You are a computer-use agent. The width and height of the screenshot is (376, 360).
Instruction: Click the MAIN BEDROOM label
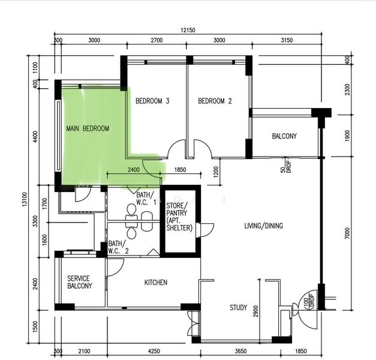click(88, 128)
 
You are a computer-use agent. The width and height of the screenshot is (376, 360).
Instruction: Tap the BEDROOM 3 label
click(152, 101)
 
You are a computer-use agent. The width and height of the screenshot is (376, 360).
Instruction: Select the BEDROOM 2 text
click(215, 101)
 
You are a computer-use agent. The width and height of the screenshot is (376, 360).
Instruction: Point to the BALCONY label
click(284, 136)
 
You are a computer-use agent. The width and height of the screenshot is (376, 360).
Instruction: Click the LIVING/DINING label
click(263, 226)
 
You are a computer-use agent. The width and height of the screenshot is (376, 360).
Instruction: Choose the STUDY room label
click(238, 307)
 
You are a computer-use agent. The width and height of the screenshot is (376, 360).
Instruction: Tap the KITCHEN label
click(156, 282)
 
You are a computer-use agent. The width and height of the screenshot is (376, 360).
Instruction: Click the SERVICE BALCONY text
click(80, 282)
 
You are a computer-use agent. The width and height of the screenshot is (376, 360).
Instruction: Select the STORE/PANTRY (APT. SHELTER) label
click(179, 217)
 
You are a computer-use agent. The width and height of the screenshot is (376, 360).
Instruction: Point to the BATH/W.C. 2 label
click(119, 247)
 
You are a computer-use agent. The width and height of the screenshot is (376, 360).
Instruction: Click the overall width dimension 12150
click(188, 30)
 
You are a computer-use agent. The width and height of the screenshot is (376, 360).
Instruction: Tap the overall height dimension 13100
click(25, 200)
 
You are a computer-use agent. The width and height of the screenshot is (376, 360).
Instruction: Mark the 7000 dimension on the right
click(347, 233)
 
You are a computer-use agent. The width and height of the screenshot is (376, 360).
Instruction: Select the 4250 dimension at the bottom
click(154, 351)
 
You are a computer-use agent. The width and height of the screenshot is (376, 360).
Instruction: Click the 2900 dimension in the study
click(255, 311)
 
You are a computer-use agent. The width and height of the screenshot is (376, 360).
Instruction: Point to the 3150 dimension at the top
click(287, 40)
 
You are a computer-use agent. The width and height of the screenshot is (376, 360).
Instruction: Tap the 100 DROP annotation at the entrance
click(308, 301)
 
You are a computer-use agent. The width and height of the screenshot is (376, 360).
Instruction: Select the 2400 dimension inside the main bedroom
click(134, 170)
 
